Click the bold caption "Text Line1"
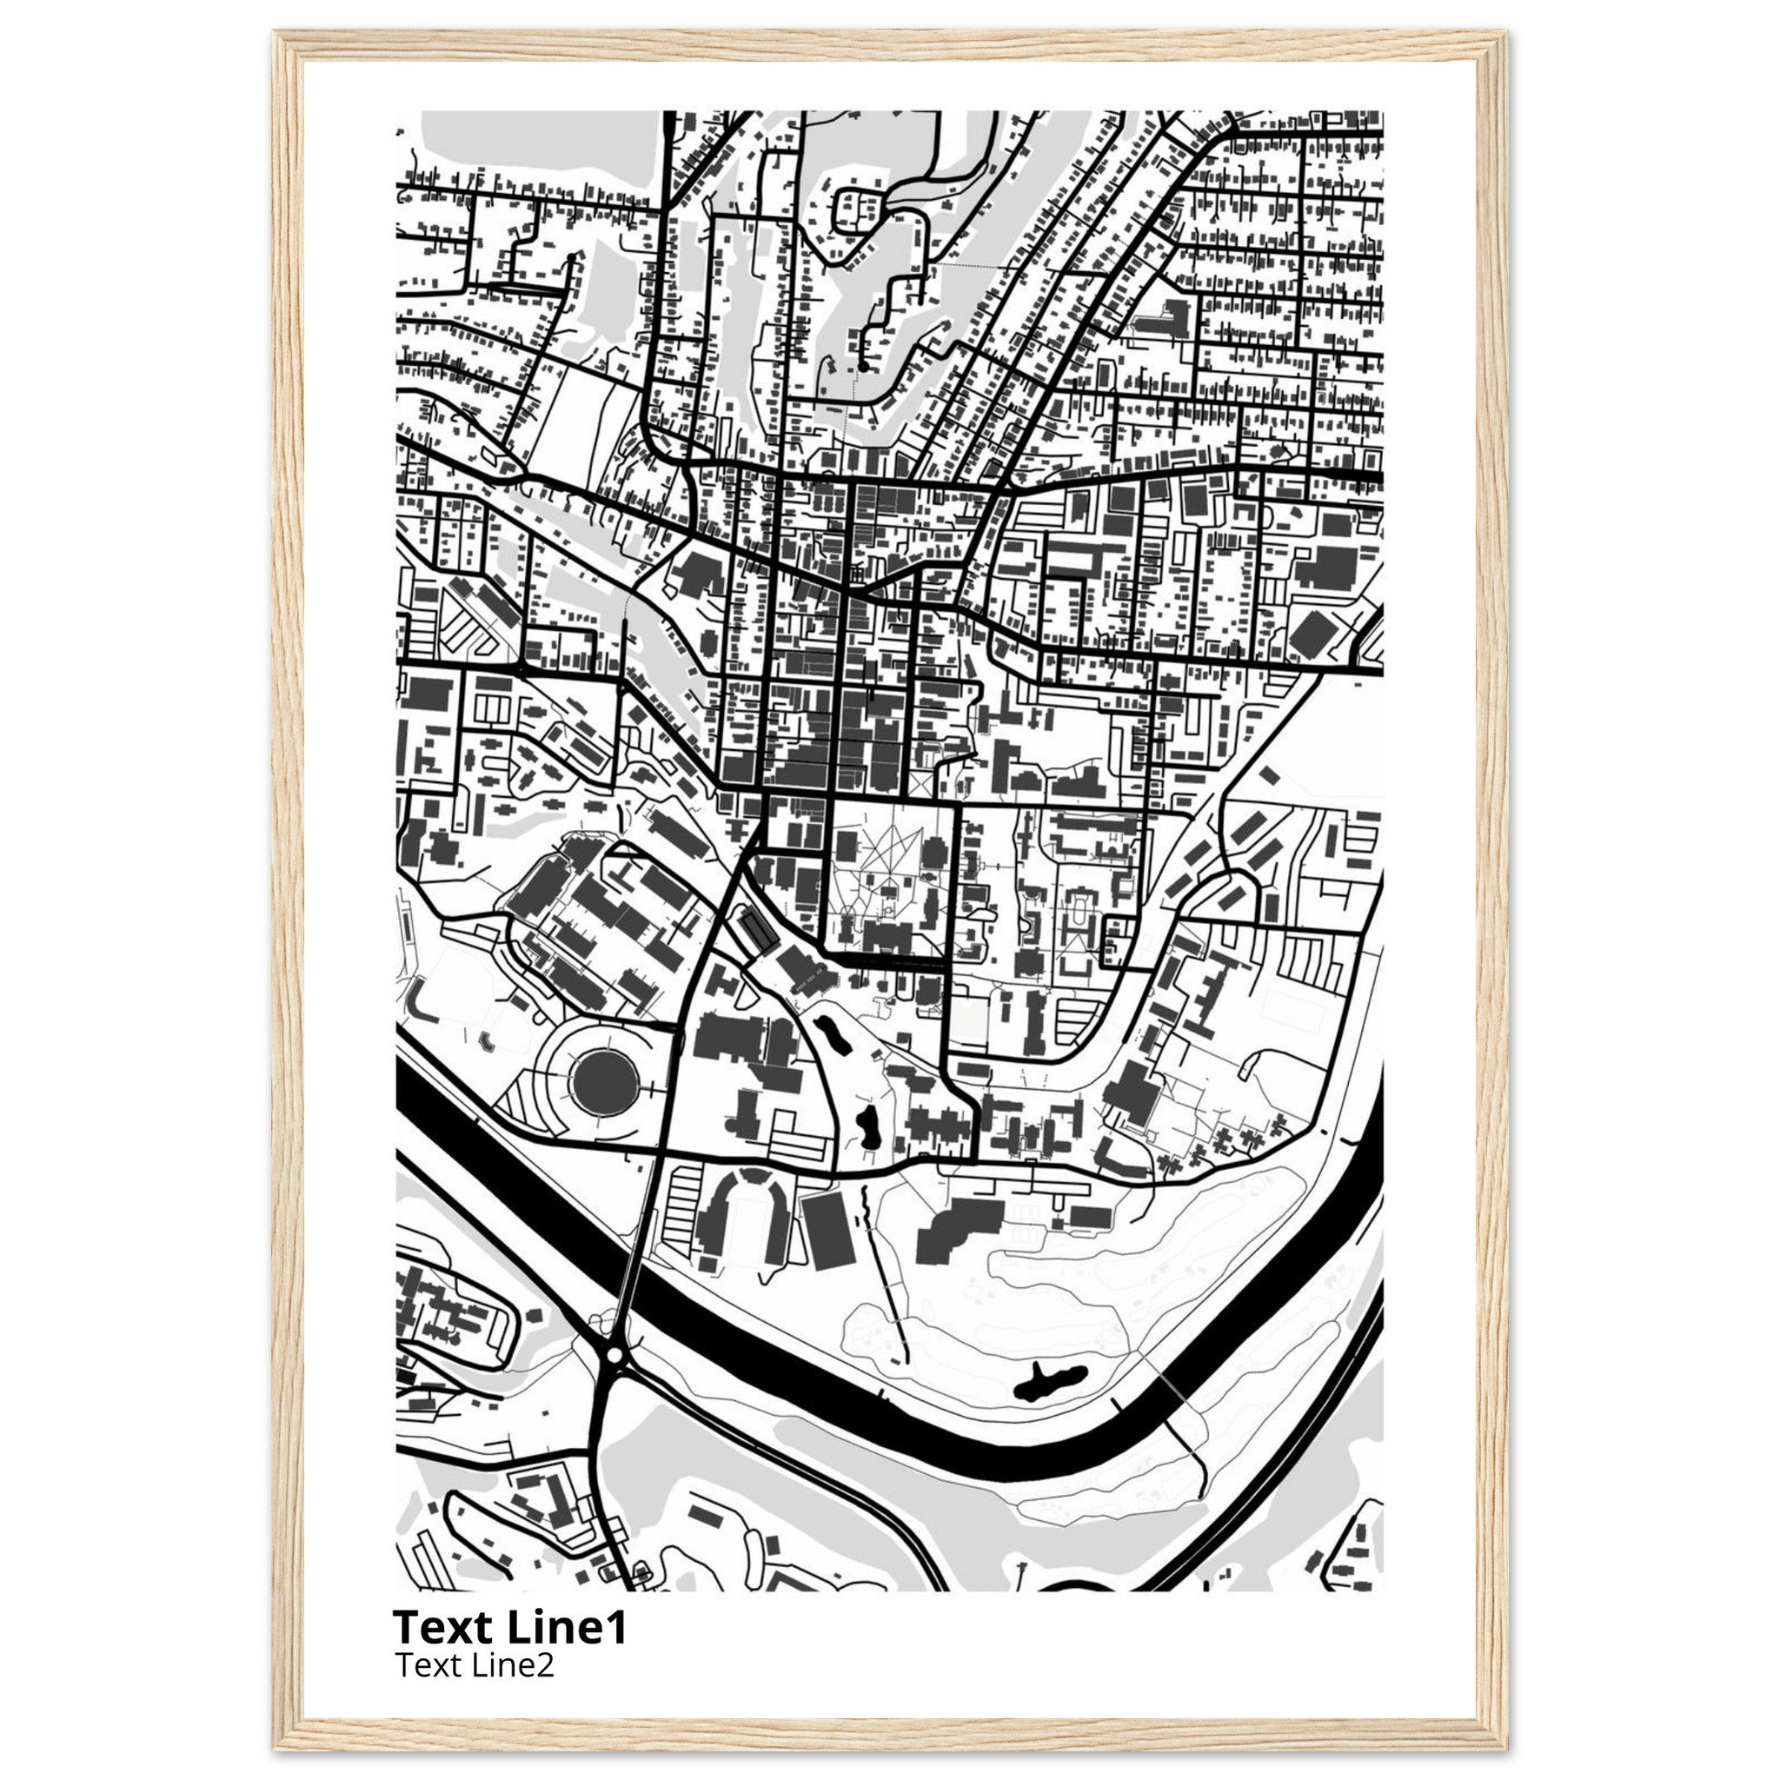click(x=509, y=1627)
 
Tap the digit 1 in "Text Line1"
click(x=616, y=1627)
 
